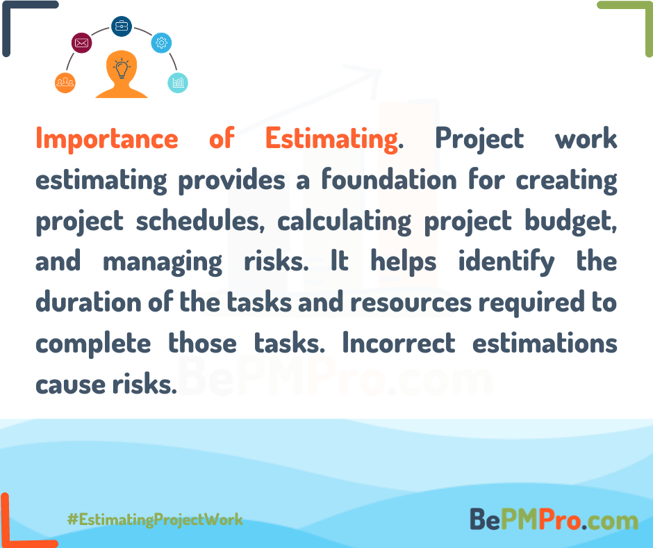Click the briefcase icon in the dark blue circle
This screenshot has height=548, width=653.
point(122,26)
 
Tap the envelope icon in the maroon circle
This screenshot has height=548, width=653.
point(82,42)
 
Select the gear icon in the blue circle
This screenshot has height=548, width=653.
point(162,42)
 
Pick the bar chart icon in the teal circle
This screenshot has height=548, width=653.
point(178,83)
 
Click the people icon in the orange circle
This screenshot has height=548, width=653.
point(65,83)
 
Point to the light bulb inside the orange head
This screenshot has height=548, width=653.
point(122,68)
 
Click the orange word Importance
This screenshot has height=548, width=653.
point(107,139)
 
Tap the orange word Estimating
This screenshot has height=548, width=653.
point(331,139)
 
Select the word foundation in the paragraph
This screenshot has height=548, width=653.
point(389,179)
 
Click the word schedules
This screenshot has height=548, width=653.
point(200,220)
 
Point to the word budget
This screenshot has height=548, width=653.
point(570,220)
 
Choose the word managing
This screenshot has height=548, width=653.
point(163,262)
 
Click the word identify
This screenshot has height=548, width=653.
point(506,261)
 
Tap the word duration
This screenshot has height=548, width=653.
point(88,302)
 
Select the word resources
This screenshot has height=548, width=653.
point(411,303)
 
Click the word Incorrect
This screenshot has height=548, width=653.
point(399,344)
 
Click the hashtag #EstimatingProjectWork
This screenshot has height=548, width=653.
point(155,519)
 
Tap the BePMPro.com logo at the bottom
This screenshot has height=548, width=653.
point(554,519)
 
